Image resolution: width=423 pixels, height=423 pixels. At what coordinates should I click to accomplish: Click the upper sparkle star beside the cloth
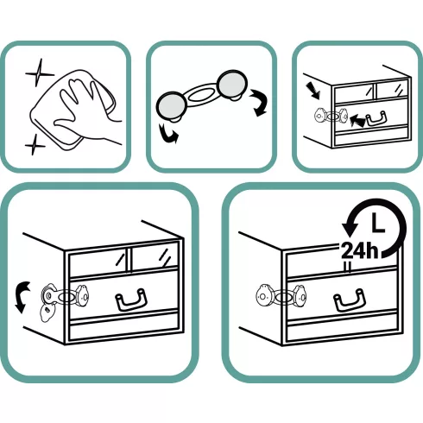(39, 73)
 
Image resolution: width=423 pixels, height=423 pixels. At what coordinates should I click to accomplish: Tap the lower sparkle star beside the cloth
(35, 145)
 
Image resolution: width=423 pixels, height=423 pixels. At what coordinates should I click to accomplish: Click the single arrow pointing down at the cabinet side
(314, 90)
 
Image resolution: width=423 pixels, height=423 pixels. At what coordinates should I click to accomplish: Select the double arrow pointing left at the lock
(357, 120)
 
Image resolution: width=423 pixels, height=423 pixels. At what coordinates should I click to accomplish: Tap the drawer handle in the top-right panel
(376, 117)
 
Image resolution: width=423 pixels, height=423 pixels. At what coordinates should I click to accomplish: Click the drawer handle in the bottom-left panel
(131, 300)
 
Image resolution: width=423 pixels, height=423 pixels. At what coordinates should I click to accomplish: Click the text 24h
(359, 250)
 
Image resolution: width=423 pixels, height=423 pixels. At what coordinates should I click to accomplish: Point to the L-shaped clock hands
(377, 223)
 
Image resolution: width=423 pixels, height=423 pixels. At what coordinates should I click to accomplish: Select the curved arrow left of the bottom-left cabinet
(22, 297)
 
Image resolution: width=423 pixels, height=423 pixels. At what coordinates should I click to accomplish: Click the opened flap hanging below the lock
(47, 313)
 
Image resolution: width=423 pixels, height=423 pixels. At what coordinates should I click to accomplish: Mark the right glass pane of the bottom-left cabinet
(155, 257)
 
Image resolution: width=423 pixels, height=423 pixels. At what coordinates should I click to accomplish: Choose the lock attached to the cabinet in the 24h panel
(281, 296)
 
